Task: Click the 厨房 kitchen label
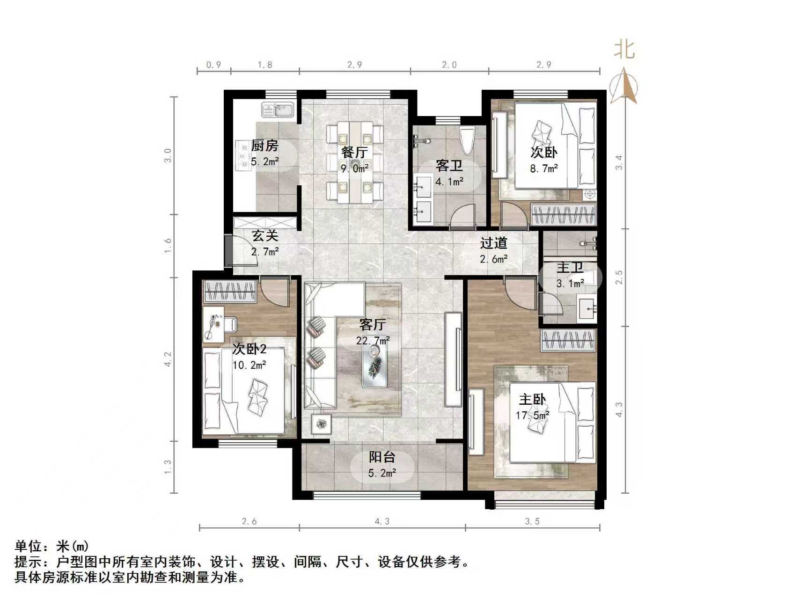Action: (264, 146)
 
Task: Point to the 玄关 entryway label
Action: (264, 235)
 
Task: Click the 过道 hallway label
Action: (493, 243)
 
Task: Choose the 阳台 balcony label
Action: (381, 457)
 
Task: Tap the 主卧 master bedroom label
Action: (532, 400)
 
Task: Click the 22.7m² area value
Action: (373, 341)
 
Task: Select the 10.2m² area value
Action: (249, 365)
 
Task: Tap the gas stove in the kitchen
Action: (243, 154)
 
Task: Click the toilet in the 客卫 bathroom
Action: (468, 140)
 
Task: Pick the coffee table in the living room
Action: (374, 368)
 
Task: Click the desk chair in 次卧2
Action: (230, 323)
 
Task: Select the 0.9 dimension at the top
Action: (213, 65)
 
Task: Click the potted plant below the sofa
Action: (321, 424)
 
